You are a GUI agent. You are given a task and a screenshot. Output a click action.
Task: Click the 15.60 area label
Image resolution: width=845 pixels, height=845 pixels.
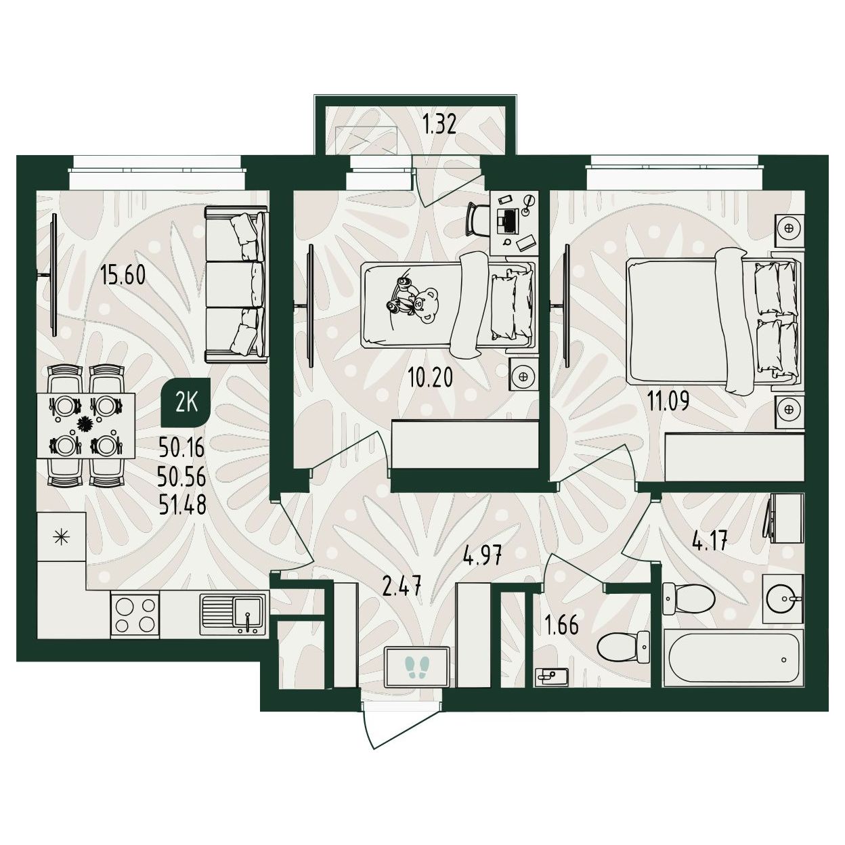tap(123, 276)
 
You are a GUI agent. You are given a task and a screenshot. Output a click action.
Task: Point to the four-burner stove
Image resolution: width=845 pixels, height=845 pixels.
tap(135, 614)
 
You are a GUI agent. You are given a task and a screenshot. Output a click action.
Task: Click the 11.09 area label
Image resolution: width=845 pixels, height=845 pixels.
tap(668, 400)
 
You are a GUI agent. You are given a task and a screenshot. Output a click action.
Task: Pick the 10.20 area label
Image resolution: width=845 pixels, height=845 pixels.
tap(430, 378)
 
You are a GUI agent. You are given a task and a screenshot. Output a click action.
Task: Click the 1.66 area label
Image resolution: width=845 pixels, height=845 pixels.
tap(561, 626)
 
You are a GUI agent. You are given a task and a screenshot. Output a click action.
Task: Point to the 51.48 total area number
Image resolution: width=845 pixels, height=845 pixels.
tap(182, 506)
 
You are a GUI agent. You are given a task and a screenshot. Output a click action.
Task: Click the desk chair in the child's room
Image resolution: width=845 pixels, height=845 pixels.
tap(478, 219)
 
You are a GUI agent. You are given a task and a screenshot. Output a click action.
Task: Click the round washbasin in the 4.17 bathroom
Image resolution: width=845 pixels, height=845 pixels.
tap(782, 599)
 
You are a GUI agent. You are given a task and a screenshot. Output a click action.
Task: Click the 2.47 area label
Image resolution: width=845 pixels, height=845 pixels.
tap(402, 588)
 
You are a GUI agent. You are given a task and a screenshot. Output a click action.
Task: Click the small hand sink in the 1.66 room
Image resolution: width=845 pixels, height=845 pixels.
tap(551, 676)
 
